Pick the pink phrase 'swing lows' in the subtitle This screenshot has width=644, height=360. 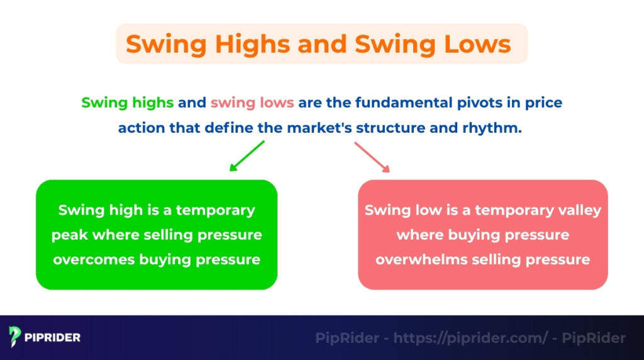(x=252, y=102)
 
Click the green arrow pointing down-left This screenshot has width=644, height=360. (x=247, y=156)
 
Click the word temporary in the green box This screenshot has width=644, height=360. (x=215, y=210)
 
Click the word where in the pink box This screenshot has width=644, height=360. (x=419, y=235)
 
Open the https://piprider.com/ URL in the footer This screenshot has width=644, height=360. (x=470, y=338)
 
